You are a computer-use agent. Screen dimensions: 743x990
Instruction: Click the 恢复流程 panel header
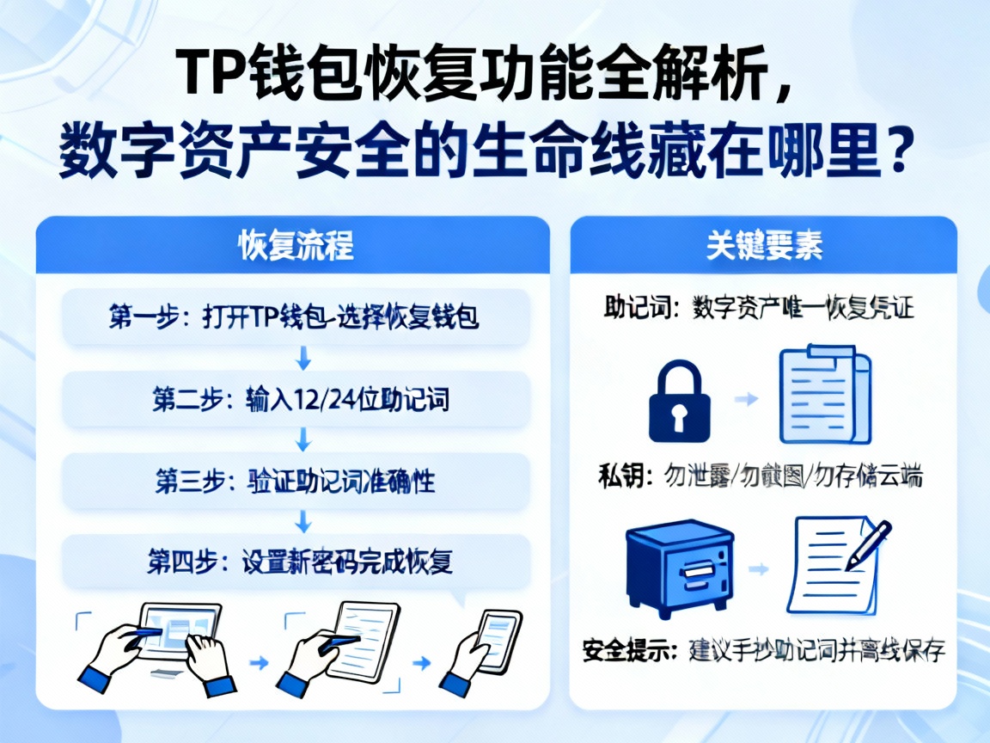pos(292,245)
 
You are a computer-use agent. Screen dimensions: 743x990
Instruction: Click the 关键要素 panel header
pos(763,245)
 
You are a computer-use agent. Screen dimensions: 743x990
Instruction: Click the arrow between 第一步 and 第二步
pos(302,358)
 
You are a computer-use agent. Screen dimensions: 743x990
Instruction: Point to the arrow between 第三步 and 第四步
pos(302,521)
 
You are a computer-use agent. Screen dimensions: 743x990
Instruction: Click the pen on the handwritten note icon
pos(868,544)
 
